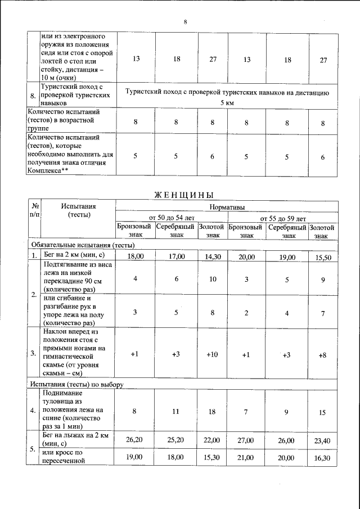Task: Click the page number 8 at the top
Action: coord(185,22)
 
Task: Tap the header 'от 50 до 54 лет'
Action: coord(171,218)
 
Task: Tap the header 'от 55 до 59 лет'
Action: coord(282,218)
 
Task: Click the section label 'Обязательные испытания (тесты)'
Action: coord(83,245)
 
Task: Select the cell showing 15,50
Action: coord(323,256)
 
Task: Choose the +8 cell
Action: coord(323,354)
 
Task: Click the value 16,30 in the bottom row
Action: coord(323,458)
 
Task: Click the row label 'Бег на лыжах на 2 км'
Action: coord(77,437)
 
